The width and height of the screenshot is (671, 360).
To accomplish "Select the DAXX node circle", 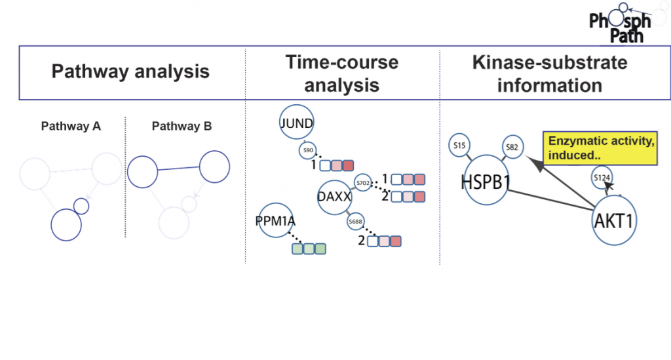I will pyautogui.click(x=335, y=197).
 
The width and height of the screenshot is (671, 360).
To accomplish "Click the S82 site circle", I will pyautogui.click(x=512, y=148).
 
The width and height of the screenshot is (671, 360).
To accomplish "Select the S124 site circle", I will pyautogui.click(x=602, y=177).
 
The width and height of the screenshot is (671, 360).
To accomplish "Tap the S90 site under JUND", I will pyautogui.click(x=307, y=150).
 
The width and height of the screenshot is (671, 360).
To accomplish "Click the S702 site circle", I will pyautogui.click(x=363, y=182).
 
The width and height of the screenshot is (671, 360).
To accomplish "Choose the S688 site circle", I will pyautogui.click(x=356, y=222).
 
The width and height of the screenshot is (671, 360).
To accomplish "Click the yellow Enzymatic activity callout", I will pyautogui.click(x=600, y=149).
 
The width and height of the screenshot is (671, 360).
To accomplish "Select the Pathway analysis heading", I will pyautogui.click(x=130, y=71).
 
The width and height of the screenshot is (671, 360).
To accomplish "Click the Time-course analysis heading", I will pyautogui.click(x=341, y=73).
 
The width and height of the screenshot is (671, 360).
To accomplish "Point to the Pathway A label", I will pyautogui.click(x=71, y=126).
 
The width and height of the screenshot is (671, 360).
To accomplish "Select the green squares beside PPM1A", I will pyautogui.click(x=309, y=249).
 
